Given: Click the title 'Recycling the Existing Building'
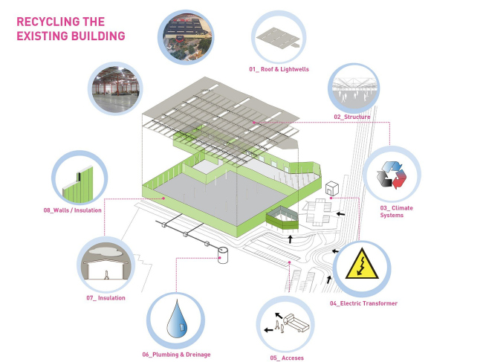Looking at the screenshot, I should (x=71, y=28).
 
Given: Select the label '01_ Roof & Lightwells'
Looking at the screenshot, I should (x=279, y=69).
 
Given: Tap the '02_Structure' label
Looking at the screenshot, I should (x=352, y=117).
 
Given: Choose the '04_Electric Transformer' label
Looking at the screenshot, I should (x=363, y=303).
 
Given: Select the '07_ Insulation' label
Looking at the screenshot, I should (x=105, y=298).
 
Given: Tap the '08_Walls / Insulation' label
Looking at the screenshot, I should (x=72, y=210).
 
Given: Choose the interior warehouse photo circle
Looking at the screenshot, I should (x=114, y=88).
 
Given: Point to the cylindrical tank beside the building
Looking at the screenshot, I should (x=221, y=256).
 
